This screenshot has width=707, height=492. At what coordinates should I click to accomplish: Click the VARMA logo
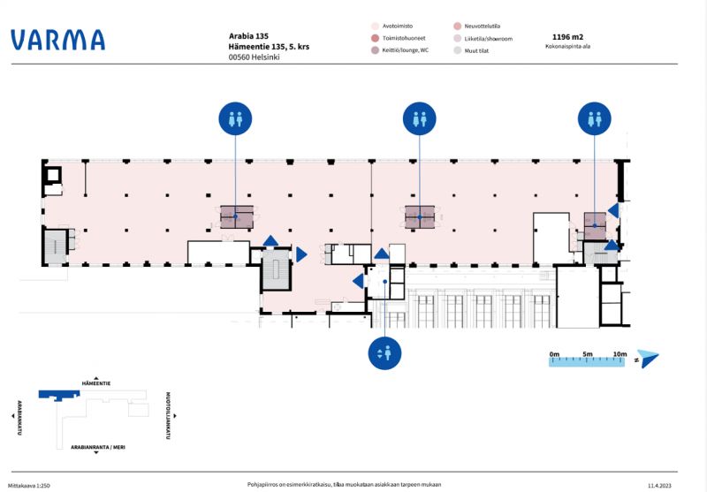57,40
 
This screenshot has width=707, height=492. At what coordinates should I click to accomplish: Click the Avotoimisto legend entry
398,26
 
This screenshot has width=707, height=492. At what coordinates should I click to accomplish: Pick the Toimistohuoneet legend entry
403,39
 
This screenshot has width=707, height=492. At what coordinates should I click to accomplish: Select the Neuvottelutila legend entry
483,26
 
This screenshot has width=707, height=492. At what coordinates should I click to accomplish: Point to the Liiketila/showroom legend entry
487,39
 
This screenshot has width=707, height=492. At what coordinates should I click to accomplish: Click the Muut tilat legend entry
477,50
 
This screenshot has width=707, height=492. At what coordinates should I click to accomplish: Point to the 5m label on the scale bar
588,354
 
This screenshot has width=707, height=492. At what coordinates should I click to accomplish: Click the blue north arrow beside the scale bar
648,358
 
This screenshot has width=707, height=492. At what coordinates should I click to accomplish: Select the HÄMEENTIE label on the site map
95,384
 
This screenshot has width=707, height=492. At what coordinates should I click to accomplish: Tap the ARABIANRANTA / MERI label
97,448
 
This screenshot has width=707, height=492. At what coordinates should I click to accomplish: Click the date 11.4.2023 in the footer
660,485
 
